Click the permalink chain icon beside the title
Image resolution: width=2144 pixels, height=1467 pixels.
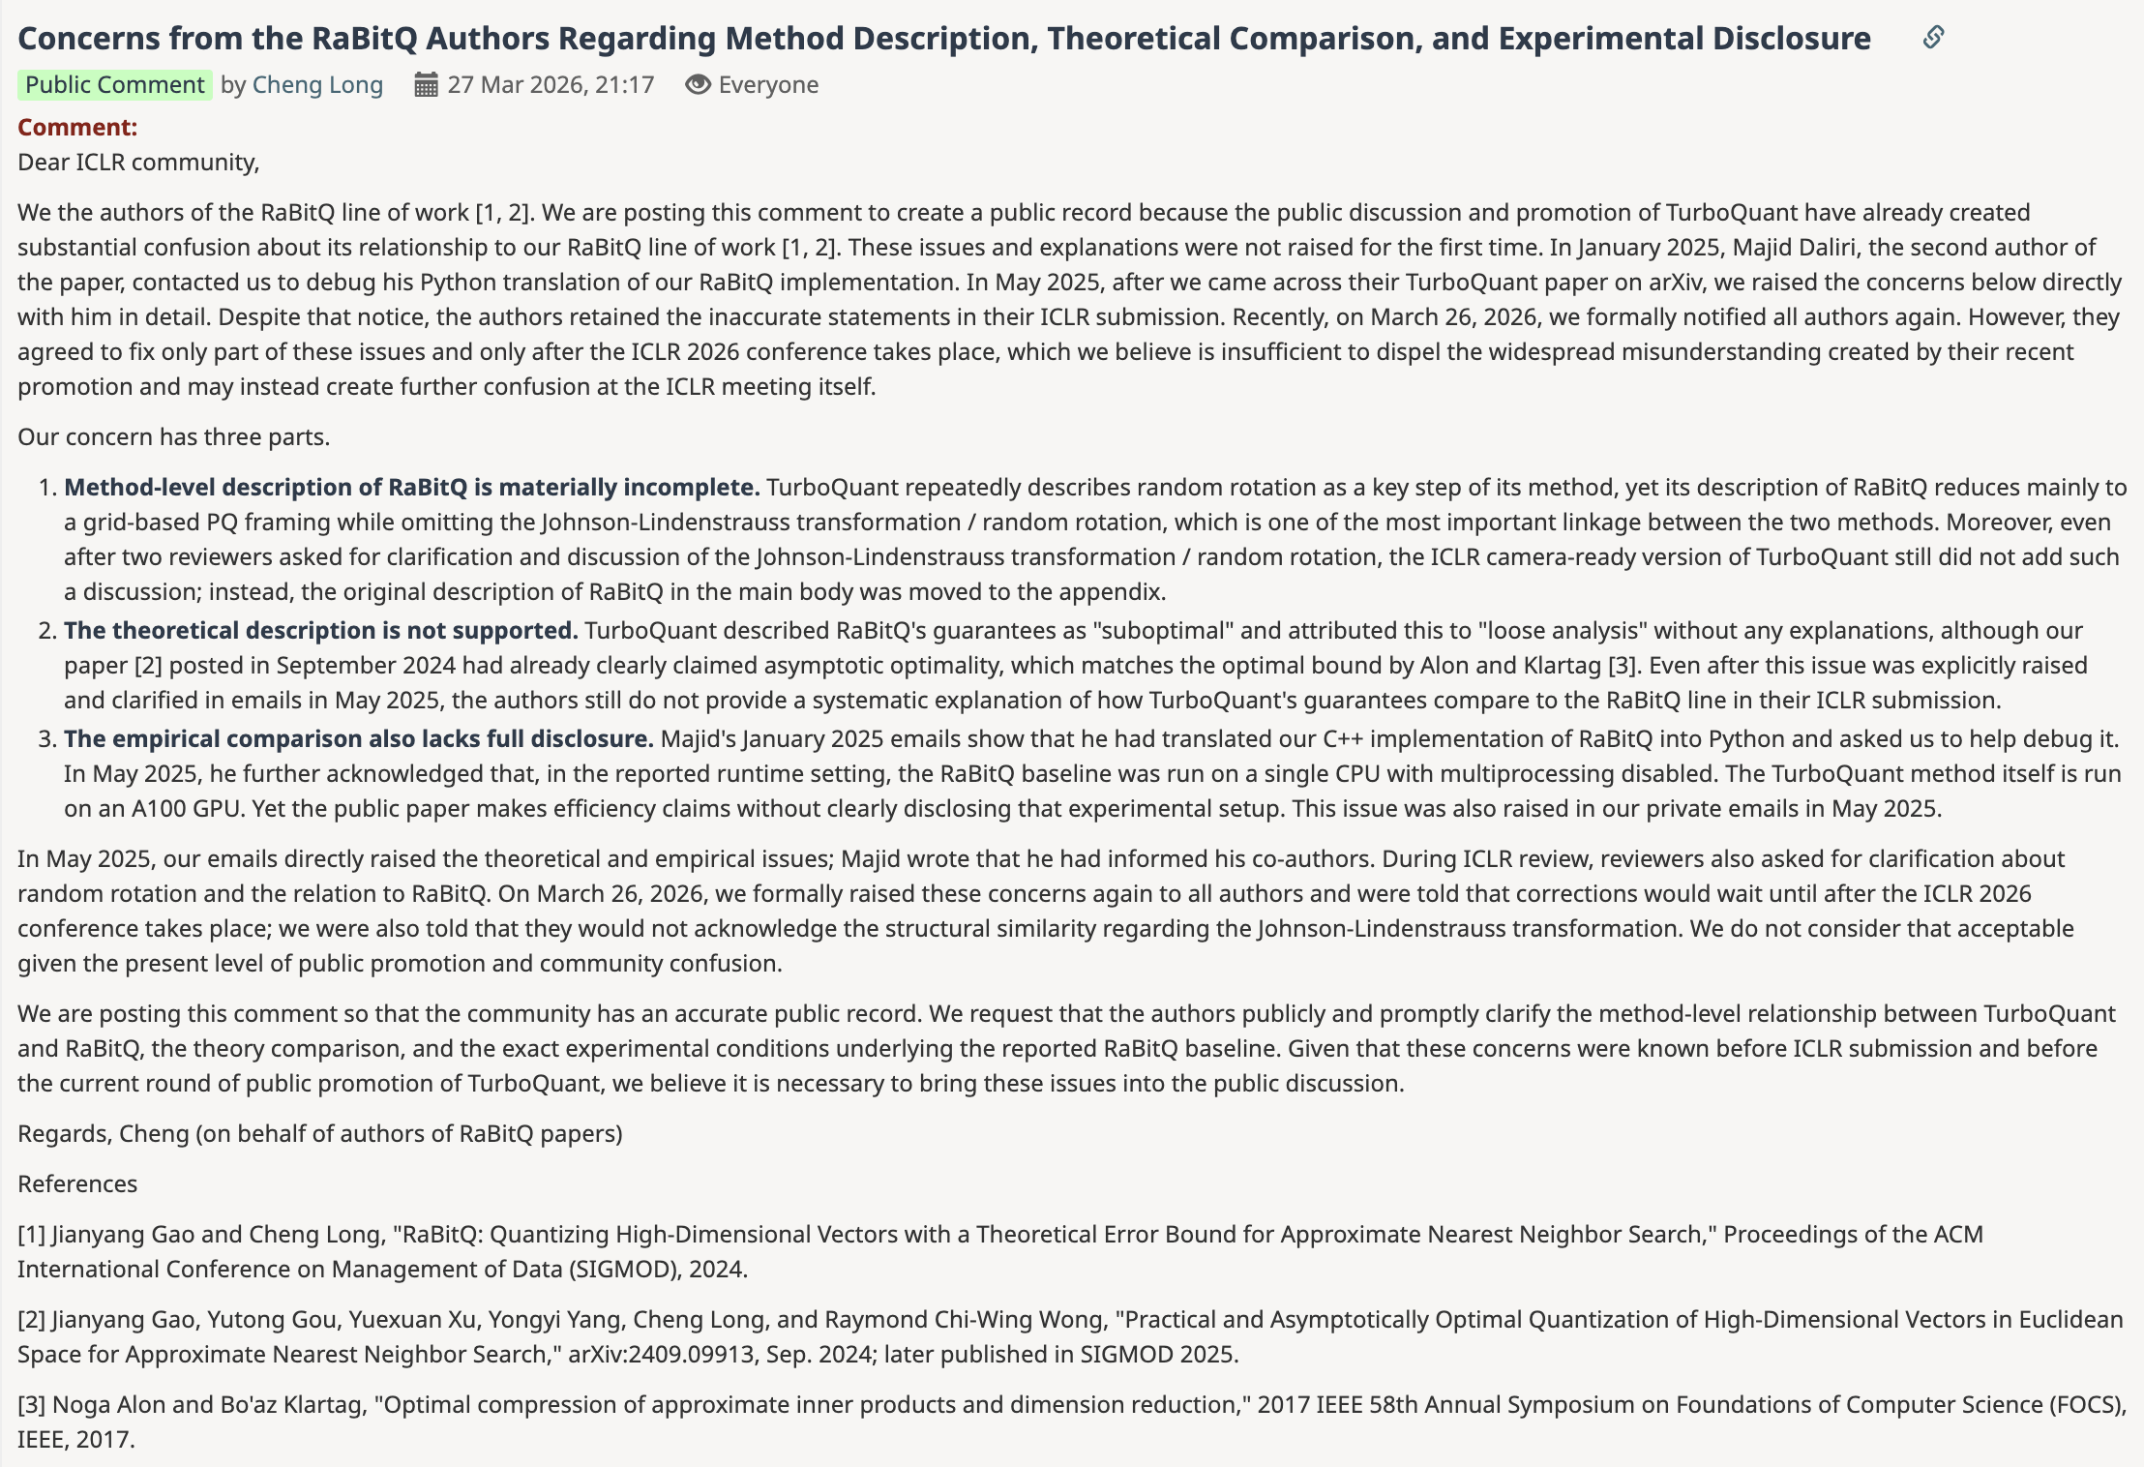click(1933, 37)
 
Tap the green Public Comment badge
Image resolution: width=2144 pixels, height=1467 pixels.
click(114, 85)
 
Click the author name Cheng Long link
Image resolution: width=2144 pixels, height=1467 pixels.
click(317, 85)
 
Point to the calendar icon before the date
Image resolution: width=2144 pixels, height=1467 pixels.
click(426, 85)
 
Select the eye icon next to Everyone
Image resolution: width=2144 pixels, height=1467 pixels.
click(698, 85)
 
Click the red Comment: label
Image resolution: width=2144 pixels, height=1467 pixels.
click(77, 127)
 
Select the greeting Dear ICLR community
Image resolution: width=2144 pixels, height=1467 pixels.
click(138, 162)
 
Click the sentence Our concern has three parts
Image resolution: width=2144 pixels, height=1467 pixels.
click(174, 436)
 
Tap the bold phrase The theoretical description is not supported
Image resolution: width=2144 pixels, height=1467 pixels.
click(321, 630)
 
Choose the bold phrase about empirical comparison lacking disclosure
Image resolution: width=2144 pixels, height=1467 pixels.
click(359, 738)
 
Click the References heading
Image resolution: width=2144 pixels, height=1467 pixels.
click(77, 1183)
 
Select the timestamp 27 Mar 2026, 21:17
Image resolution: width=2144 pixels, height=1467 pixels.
click(551, 85)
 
